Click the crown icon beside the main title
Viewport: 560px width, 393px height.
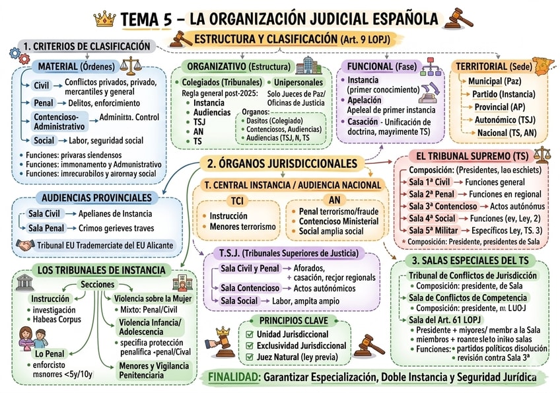[105, 18]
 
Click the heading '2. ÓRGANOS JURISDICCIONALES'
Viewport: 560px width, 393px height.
[282, 163]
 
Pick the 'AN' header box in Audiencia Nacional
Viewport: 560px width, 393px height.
[333, 200]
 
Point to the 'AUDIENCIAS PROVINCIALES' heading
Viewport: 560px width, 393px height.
[96, 197]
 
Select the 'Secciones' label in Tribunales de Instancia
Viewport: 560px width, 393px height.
[97, 284]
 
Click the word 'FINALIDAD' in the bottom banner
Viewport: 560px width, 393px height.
[232, 378]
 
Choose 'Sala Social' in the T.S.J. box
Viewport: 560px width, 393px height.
[239, 301]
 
